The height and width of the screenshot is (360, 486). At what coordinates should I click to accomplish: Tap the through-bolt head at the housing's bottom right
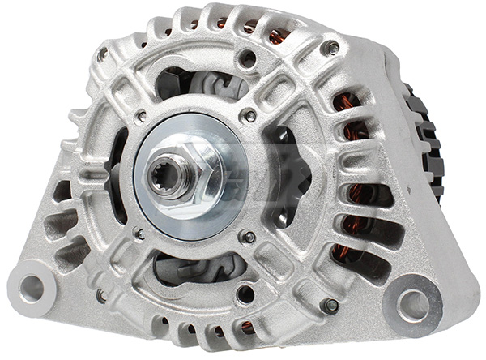[330, 306]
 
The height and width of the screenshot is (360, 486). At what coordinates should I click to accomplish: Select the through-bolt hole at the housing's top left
[102, 55]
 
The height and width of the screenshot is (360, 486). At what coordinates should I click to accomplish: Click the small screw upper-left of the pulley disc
[142, 117]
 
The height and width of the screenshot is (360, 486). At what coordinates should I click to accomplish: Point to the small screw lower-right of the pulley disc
[249, 237]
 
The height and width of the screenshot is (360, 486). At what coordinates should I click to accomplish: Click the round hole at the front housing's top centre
[248, 58]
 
